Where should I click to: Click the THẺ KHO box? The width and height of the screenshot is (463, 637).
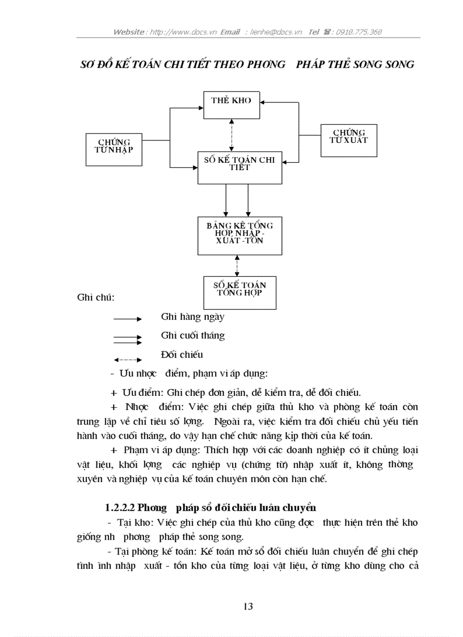pyautogui.click(x=231, y=104)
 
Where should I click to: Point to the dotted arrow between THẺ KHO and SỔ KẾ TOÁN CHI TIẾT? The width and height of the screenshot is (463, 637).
pyautogui.click(x=231, y=135)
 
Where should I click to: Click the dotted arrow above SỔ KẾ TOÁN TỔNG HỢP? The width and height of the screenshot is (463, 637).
pyautogui.click(x=237, y=265)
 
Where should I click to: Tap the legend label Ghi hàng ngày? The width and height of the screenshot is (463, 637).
pyautogui.click(x=192, y=317)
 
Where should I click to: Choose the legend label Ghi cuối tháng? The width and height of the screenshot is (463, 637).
pyautogui.click(x=193, y=335)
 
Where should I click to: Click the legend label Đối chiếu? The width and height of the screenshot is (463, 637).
pyautogui.click(x=182, y=355)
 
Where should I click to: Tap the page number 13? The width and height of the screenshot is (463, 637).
pyautogui.click(x=248, y=606)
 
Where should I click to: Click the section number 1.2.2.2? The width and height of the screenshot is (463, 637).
pyautogui.click(x=120, y=507)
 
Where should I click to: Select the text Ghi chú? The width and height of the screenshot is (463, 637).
pyautogui.click(x=95, y=297)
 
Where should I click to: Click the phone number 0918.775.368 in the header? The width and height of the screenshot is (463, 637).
pyautogui.click(x=359, y=32)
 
